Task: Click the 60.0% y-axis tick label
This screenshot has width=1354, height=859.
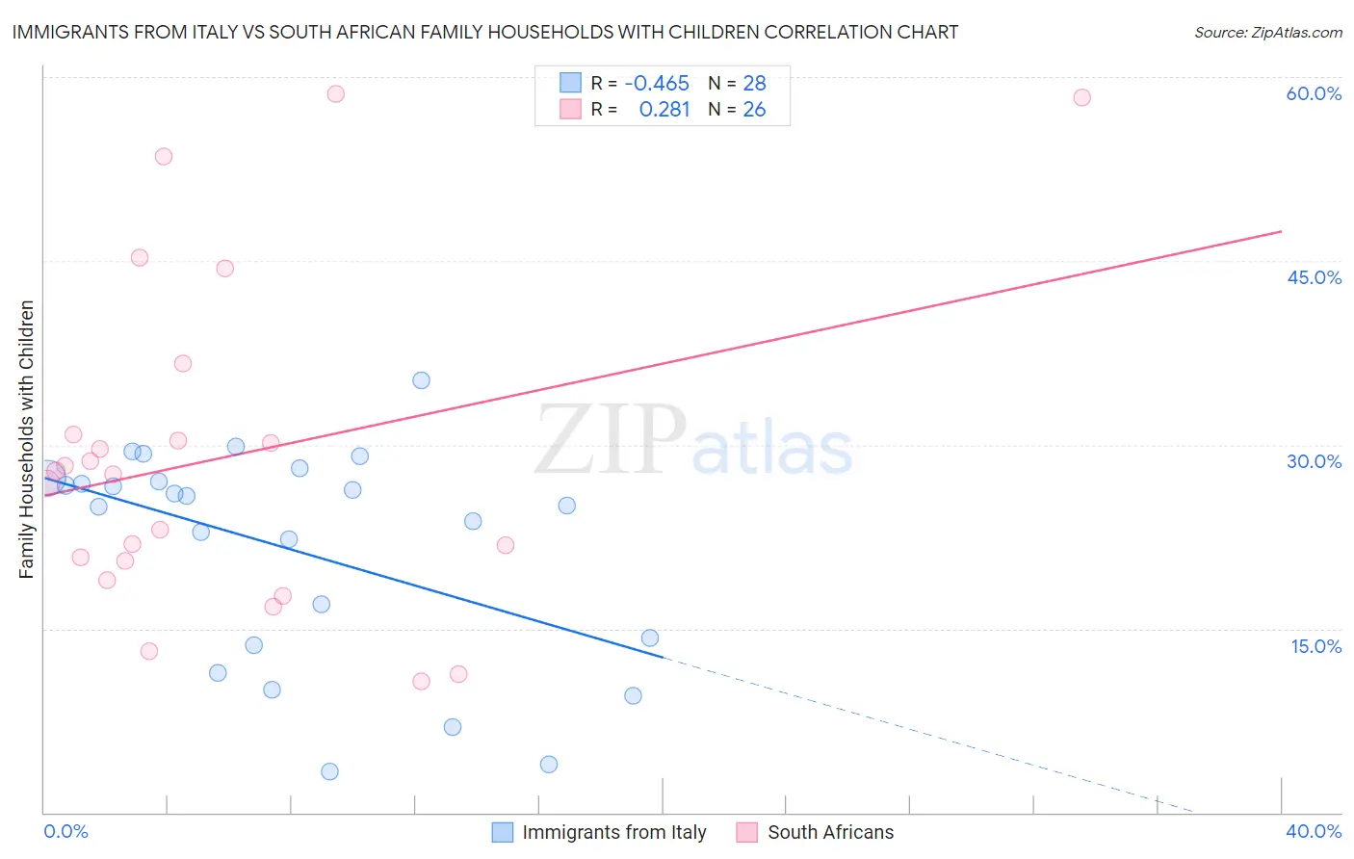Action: point(1314,93)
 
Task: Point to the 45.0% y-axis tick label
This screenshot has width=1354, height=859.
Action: point(1314,277)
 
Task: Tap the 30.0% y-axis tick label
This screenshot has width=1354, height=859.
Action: point(1314,461)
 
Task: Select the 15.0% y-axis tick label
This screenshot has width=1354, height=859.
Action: point(1315,646)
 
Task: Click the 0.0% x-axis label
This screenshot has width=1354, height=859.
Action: point(65,831)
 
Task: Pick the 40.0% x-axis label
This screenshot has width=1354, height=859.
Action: point(1314,831)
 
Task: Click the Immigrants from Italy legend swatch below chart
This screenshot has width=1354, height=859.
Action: point(503,832)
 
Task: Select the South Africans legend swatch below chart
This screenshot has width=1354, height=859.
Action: point(747,832)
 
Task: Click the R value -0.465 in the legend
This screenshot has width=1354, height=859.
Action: point(657,83)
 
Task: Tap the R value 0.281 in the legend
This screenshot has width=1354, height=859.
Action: point(664,110)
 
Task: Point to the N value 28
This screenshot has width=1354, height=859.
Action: point(754,83)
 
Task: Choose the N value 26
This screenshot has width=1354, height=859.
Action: point(754,110)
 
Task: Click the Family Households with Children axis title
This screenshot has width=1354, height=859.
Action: point(26,439)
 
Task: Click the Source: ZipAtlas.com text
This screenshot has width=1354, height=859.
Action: point(1267,33)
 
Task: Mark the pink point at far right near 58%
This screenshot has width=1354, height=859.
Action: point(1081,97)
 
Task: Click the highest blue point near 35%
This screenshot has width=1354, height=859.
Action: point(421,380)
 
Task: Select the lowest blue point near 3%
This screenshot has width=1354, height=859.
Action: point(329,771)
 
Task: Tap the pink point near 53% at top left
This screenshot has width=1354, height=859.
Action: point(164,157)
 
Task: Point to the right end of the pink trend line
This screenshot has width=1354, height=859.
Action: point(1281,231)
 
